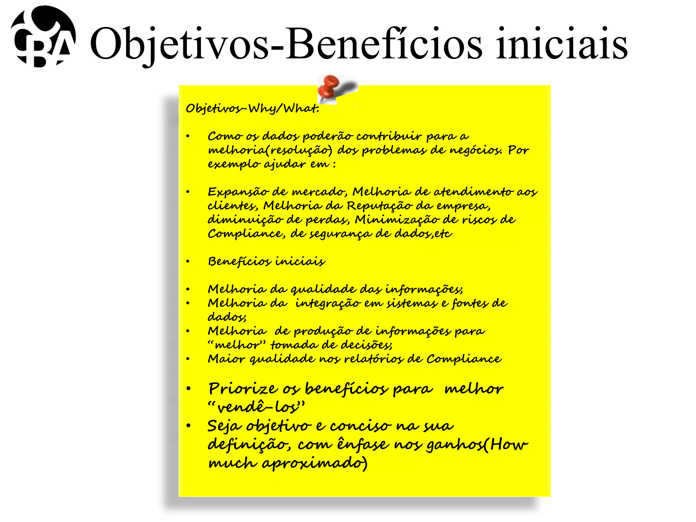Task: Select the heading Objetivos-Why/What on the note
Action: (x=252, y=108)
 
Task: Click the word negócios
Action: (x=476, y=150)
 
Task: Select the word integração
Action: (x=328, y=303)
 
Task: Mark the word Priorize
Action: (x=243, y=389)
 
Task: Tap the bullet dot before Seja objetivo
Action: (x=189, y=426)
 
